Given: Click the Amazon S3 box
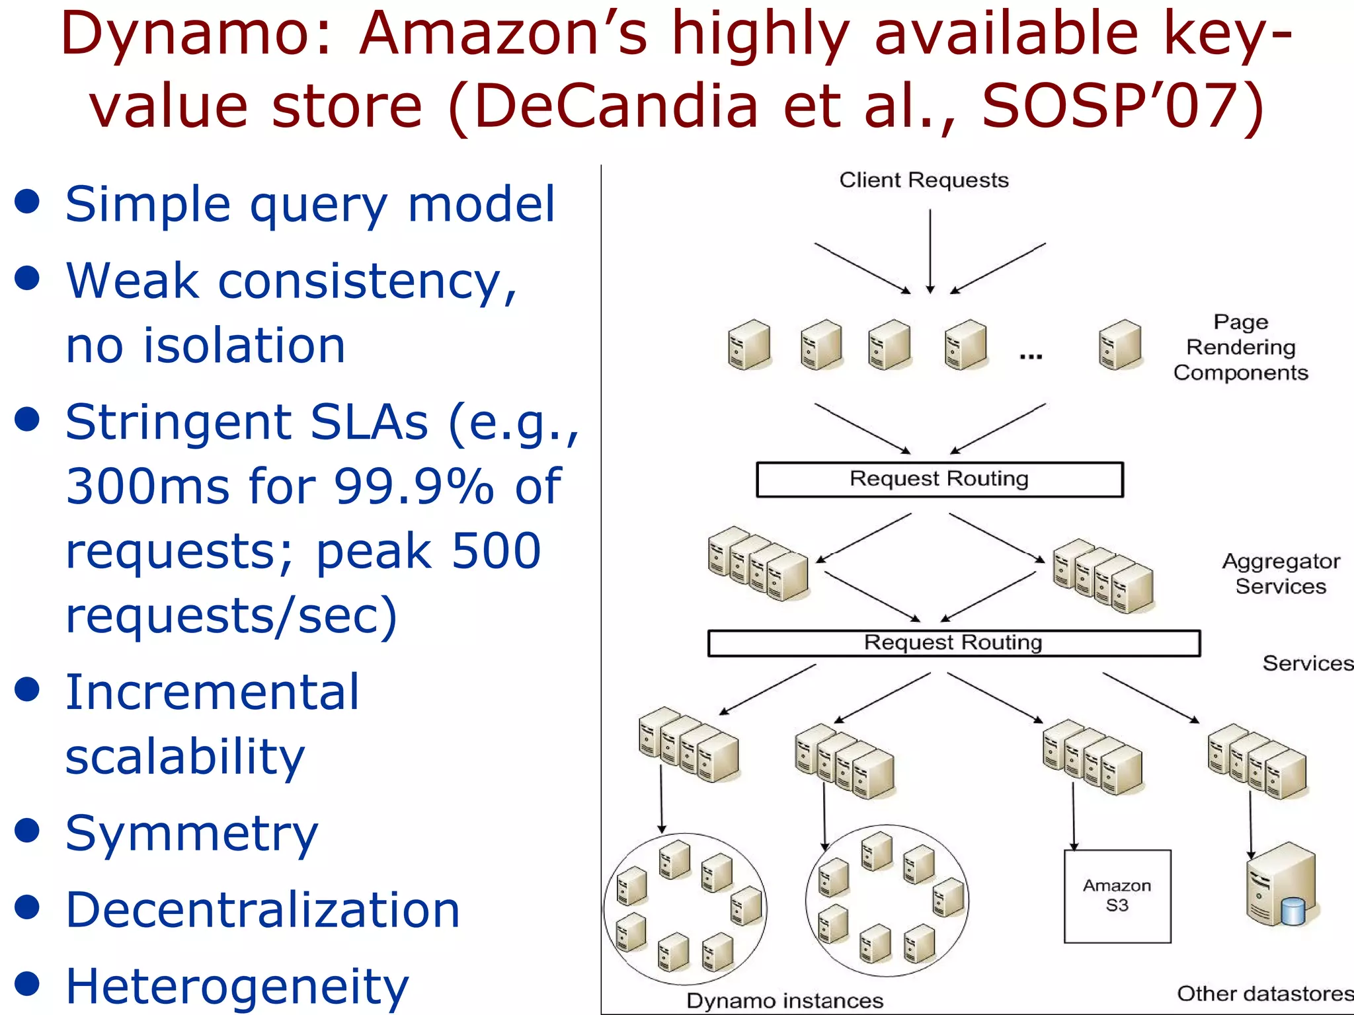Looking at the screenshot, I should [1117, 895].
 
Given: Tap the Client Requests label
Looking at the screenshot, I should [924, 180].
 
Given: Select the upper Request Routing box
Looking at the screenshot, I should [939, 479].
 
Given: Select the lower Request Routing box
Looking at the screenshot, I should [953, 643].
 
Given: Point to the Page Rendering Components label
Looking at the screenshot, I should [1240, 348].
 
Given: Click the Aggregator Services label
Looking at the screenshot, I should [1281, 574].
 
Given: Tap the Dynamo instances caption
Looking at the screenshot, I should [785, 1000].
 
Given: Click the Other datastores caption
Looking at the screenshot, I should [1264, 993].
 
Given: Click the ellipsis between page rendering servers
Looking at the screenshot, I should [1031, 356].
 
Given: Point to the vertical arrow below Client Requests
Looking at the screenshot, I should [930, 251].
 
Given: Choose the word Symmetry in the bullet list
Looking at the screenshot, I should [192, 834].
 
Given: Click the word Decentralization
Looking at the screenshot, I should [262, 910].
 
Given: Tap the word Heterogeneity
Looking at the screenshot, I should [237, 987].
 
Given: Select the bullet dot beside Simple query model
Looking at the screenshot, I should [27, 202].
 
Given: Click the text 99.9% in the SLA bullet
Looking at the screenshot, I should [414, 486].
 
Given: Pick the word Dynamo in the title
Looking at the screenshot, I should [187, 34].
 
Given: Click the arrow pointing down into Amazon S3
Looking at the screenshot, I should [1073, 816].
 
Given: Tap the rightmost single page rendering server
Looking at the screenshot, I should [1119, 344].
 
